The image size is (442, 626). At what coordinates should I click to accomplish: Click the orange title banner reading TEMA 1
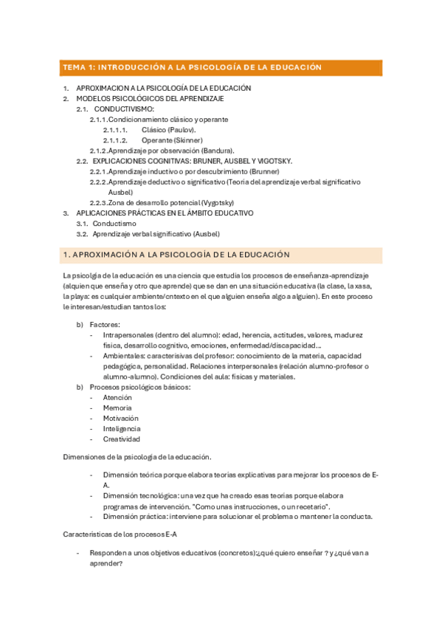pos(221,67)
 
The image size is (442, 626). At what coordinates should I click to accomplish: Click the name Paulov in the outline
pos(184,129)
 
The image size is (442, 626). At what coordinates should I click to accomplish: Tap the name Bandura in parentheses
pos(218,150)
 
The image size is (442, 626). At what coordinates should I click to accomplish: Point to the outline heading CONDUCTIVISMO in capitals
pos(125,109)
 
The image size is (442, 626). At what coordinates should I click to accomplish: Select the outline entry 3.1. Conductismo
pos(106,223)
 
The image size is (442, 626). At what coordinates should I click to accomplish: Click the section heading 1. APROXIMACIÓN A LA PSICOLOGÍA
pos(177,255)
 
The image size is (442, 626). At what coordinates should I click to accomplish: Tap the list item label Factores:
pos(105,324)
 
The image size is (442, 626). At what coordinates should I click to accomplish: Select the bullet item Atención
pos(118,397)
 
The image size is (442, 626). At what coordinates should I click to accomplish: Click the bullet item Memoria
pos(118,407)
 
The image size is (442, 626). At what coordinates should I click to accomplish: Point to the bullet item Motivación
pos(121,418)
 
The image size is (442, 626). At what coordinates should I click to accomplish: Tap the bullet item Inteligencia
pos(122,428)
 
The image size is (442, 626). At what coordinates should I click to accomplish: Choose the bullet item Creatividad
pos(122,438)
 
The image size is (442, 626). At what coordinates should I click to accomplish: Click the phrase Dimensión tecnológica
pos(142,495)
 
